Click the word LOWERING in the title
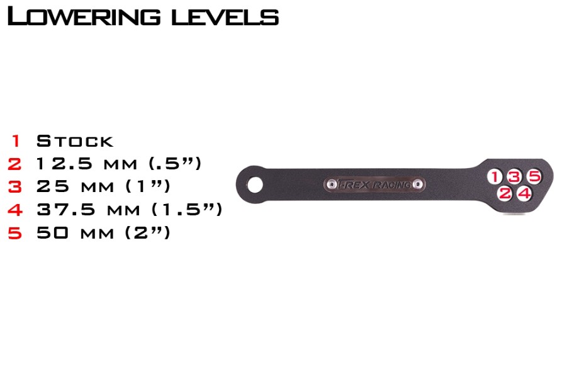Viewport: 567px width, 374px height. (x=84, y=16)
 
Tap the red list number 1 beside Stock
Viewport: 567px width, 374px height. (x=16, y=140)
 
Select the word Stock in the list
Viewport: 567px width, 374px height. (x=75, y=140)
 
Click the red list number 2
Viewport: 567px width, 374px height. (x=14, y=164)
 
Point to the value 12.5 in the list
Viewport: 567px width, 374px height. (x=64, y=164)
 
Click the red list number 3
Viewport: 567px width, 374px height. (x=15, y=186)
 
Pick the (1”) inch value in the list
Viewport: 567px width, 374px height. (x=147, y=186)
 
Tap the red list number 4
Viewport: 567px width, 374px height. (x=15, y=210)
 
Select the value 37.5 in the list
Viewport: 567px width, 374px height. (x=66, y=210)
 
